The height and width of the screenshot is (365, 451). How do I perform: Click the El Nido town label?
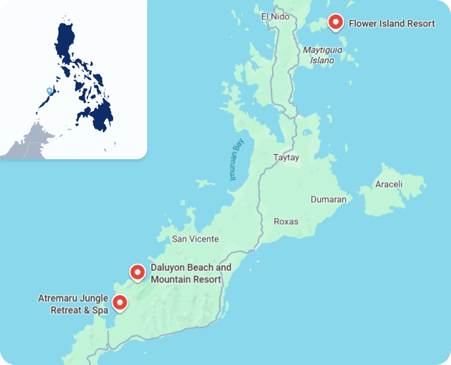point(275,16)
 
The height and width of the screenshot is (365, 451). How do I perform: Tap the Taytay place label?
point(286,158)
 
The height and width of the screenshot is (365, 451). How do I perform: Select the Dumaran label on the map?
point(328,199)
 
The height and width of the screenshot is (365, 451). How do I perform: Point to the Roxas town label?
point(285,222)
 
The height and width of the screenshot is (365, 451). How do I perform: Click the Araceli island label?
point(389,184)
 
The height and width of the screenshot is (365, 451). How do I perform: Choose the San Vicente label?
point(195,239)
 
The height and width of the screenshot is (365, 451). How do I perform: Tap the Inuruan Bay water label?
point(236,161)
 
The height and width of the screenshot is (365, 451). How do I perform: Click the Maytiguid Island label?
point(318,55)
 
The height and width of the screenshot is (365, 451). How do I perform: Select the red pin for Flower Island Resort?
point(336,22)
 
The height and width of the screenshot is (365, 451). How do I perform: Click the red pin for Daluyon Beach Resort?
point(137,272)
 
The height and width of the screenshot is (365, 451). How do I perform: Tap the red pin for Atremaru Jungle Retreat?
point(120,303)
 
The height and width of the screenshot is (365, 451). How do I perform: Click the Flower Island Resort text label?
point(392,24)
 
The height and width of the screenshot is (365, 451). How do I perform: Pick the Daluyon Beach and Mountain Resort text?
point(191,274)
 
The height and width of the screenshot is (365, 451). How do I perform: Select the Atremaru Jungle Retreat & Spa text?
point(73,304)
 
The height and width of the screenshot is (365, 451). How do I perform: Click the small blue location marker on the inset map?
point(49,91)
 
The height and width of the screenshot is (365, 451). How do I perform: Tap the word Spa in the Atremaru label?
point(99,310)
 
